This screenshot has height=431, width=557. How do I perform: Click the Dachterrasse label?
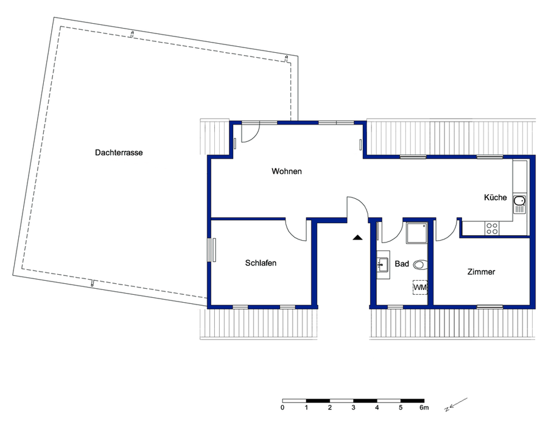(x=119, y=153)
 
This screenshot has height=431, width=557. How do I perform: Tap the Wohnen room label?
(x=287, y=171)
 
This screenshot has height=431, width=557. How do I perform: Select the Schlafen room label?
(x=261, y=263)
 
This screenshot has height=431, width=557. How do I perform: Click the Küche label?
(x=495, y=198)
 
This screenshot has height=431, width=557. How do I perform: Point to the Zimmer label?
(x=481, y=272)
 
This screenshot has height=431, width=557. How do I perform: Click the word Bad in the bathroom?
(x=402, y=264)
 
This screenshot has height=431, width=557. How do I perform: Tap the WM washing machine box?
(x=419, y=286)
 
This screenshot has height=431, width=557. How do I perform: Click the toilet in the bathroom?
(x=420, y=264)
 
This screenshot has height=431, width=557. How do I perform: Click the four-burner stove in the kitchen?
(x=491, y=229)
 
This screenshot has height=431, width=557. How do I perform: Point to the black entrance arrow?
(x=357, y=237)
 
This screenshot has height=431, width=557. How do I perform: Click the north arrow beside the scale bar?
(x=457, y=404)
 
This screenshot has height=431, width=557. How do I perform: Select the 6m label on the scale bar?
(x=424, y=407)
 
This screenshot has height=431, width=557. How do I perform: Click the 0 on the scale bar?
(x=282, y=407)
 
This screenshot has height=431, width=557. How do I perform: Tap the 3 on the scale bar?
(x=353, y=407)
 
